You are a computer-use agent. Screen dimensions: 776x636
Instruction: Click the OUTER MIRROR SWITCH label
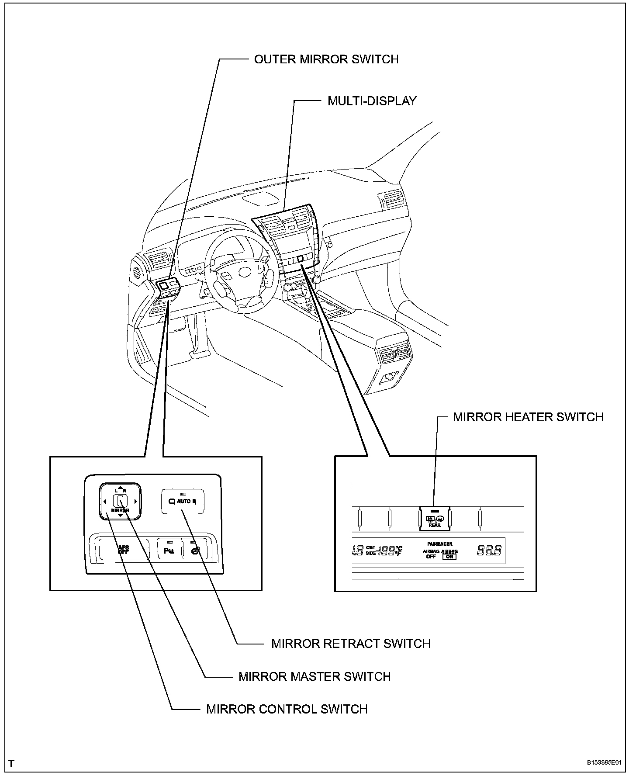tap(326, 59)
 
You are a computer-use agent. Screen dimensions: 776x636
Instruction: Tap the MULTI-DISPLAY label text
tap(372, 101)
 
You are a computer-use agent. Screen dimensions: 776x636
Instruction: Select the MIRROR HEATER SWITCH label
tap(528, 417)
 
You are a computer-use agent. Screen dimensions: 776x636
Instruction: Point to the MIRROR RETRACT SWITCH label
tap(350, 644)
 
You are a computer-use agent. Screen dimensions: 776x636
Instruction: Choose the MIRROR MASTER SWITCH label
tap(314, 677)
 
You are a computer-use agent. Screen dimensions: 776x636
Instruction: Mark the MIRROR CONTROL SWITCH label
tap(287, 709)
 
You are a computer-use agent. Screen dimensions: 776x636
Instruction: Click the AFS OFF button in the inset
tap(123, 550)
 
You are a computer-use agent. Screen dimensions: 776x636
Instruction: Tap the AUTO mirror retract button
tap(183, 501)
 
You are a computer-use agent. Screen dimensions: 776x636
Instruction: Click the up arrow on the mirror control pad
tap(120, 487)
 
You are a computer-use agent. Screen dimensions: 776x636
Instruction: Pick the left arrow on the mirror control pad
tap(104, 501)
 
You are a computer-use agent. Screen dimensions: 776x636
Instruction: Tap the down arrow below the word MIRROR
tap(120, 516)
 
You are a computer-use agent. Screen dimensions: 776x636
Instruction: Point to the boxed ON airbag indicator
tap(449, 557)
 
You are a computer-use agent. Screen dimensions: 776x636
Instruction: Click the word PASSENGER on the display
tap(439, 544)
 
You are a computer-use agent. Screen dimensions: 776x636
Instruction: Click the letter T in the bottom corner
tap(11, 764)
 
